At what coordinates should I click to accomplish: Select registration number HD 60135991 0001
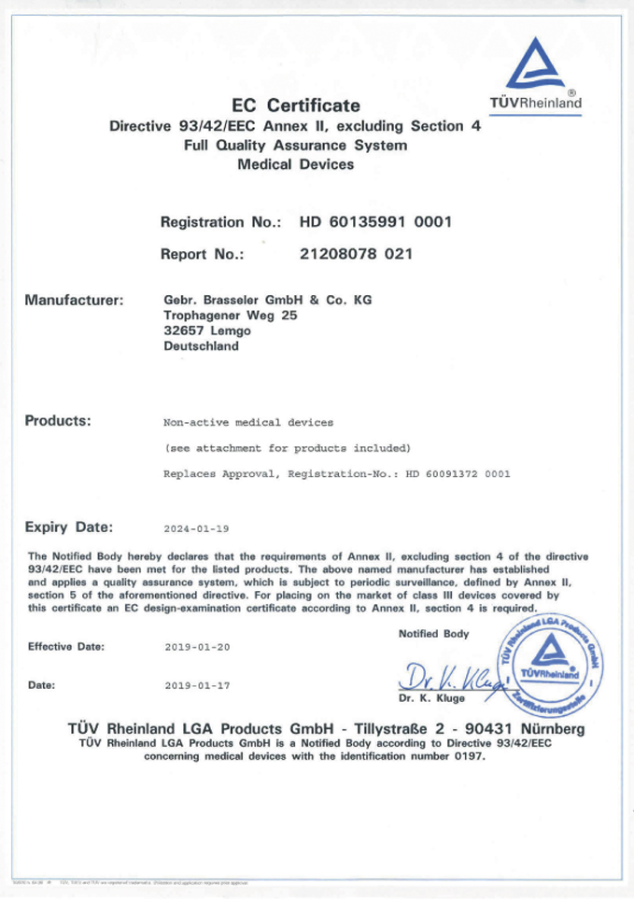pos(375,222)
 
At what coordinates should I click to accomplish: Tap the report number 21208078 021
pos(356,253)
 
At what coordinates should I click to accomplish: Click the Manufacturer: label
pos(75,301)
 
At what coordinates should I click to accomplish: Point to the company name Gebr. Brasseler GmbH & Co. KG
pos(260,301)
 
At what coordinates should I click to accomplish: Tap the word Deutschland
pos(201,345)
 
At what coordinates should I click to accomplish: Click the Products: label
pos(58,420)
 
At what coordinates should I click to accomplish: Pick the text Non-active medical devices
pos(241,423)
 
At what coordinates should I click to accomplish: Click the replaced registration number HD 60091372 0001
pos(458,474)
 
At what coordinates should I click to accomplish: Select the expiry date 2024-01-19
pos(196,529)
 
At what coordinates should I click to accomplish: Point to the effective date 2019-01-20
pos(196,646)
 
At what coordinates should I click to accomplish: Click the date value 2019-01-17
pos(196,684)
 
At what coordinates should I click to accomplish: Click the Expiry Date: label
pos(69,527)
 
